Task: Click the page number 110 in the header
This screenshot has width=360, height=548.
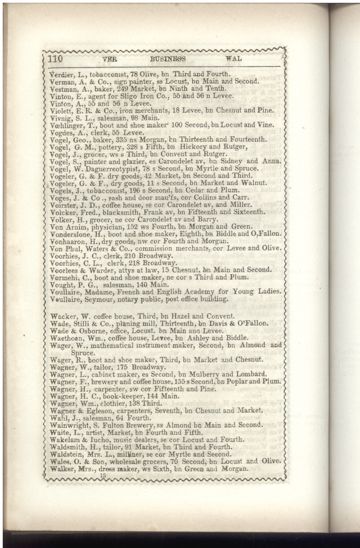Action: coord(56,58)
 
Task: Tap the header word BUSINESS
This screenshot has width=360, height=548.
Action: coord(168,58)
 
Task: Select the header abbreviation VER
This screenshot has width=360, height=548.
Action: coord(109,59)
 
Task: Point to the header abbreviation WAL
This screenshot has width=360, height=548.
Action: coord(234,58)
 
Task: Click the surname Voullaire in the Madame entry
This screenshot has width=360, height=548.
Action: coord(66,291)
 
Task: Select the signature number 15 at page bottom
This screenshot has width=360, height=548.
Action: coord(102,476)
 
